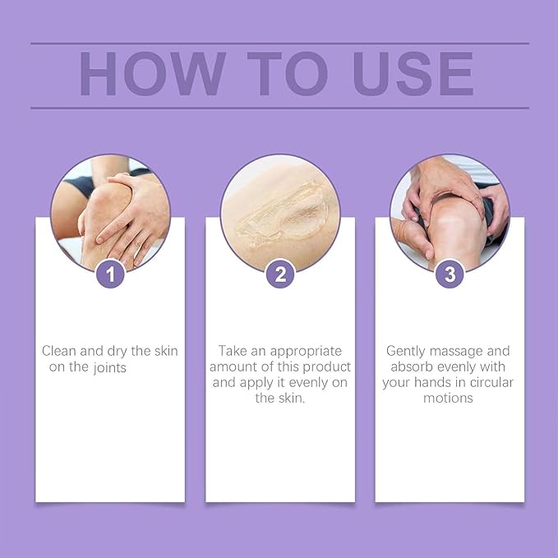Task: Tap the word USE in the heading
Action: pyautogui.click(x=414, y=76)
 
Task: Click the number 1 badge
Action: pyautogui.click(x=110, y=274)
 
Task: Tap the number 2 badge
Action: pyautogui.click(x=280, y=274)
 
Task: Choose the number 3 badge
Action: pyautogui.click(x=450, y=274)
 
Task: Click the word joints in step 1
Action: pyautogui.click(x=110, y=367)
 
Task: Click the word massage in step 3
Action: pyautogui.click(x=481, y=350)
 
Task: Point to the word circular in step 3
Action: pyautogui.click(x=490, y=382)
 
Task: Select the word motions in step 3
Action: pyautogui.click(x=450, y=398)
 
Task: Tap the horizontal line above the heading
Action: pyautogui.click(x=279, y=43)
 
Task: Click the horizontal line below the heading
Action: pyautogui.click(x=279, y=108)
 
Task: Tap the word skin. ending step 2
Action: pyautogui.click(x=291, y=398)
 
